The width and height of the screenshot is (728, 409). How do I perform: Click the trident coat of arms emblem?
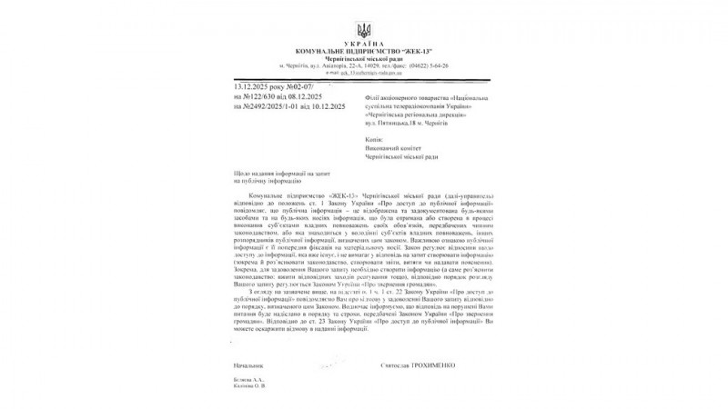tap(364, 28)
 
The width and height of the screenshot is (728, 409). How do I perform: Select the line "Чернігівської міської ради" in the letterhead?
tap(364, 58)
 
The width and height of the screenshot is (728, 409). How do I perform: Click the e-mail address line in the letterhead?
tap(364, 74)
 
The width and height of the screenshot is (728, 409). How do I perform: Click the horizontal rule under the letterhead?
tap(364, 79)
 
